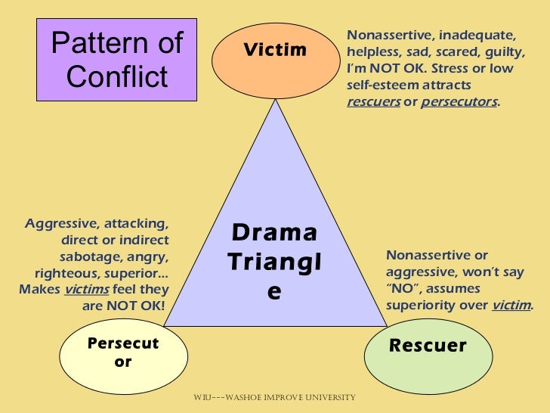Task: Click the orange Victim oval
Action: point(273,51)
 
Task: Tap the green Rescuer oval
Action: point(428,346)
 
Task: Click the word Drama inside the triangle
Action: point(274,233)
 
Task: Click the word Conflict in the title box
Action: point(117,76)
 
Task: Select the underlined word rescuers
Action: point(373,102)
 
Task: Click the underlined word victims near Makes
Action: point(85,290)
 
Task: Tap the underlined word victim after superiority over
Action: point(511,306)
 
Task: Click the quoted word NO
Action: point(400,289)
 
